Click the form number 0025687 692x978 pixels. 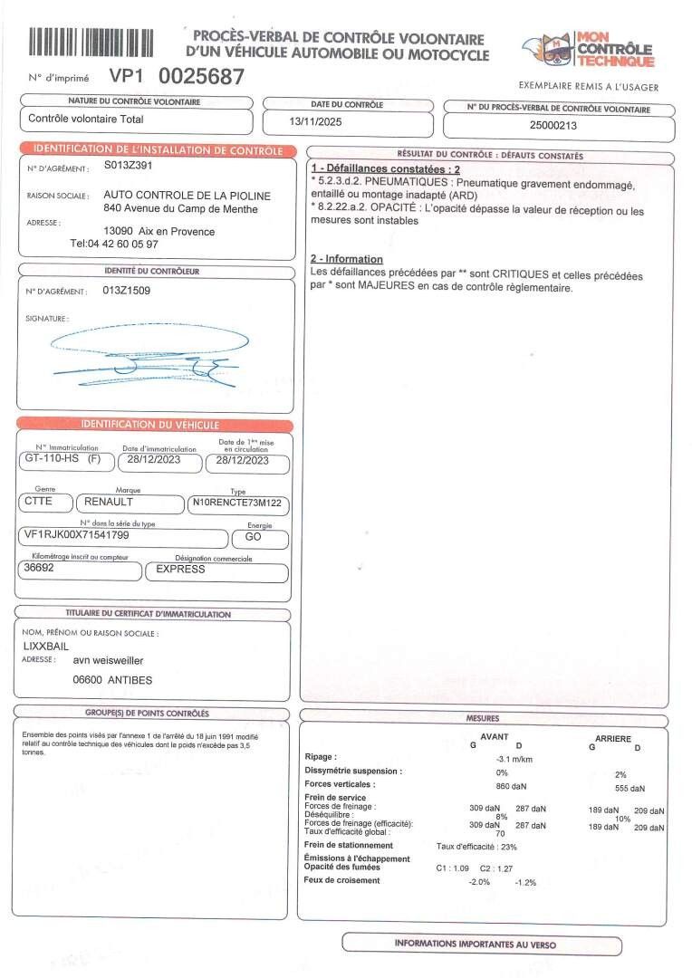click(201, 77)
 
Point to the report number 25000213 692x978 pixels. click(553, 126)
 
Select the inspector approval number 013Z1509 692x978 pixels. click(127, 291)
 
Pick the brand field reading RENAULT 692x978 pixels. click(110, 501)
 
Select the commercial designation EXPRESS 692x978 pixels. click(180, 570)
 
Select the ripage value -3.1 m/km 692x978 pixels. click(514, 758)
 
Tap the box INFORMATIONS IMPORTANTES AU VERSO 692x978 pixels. click(475, 944)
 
